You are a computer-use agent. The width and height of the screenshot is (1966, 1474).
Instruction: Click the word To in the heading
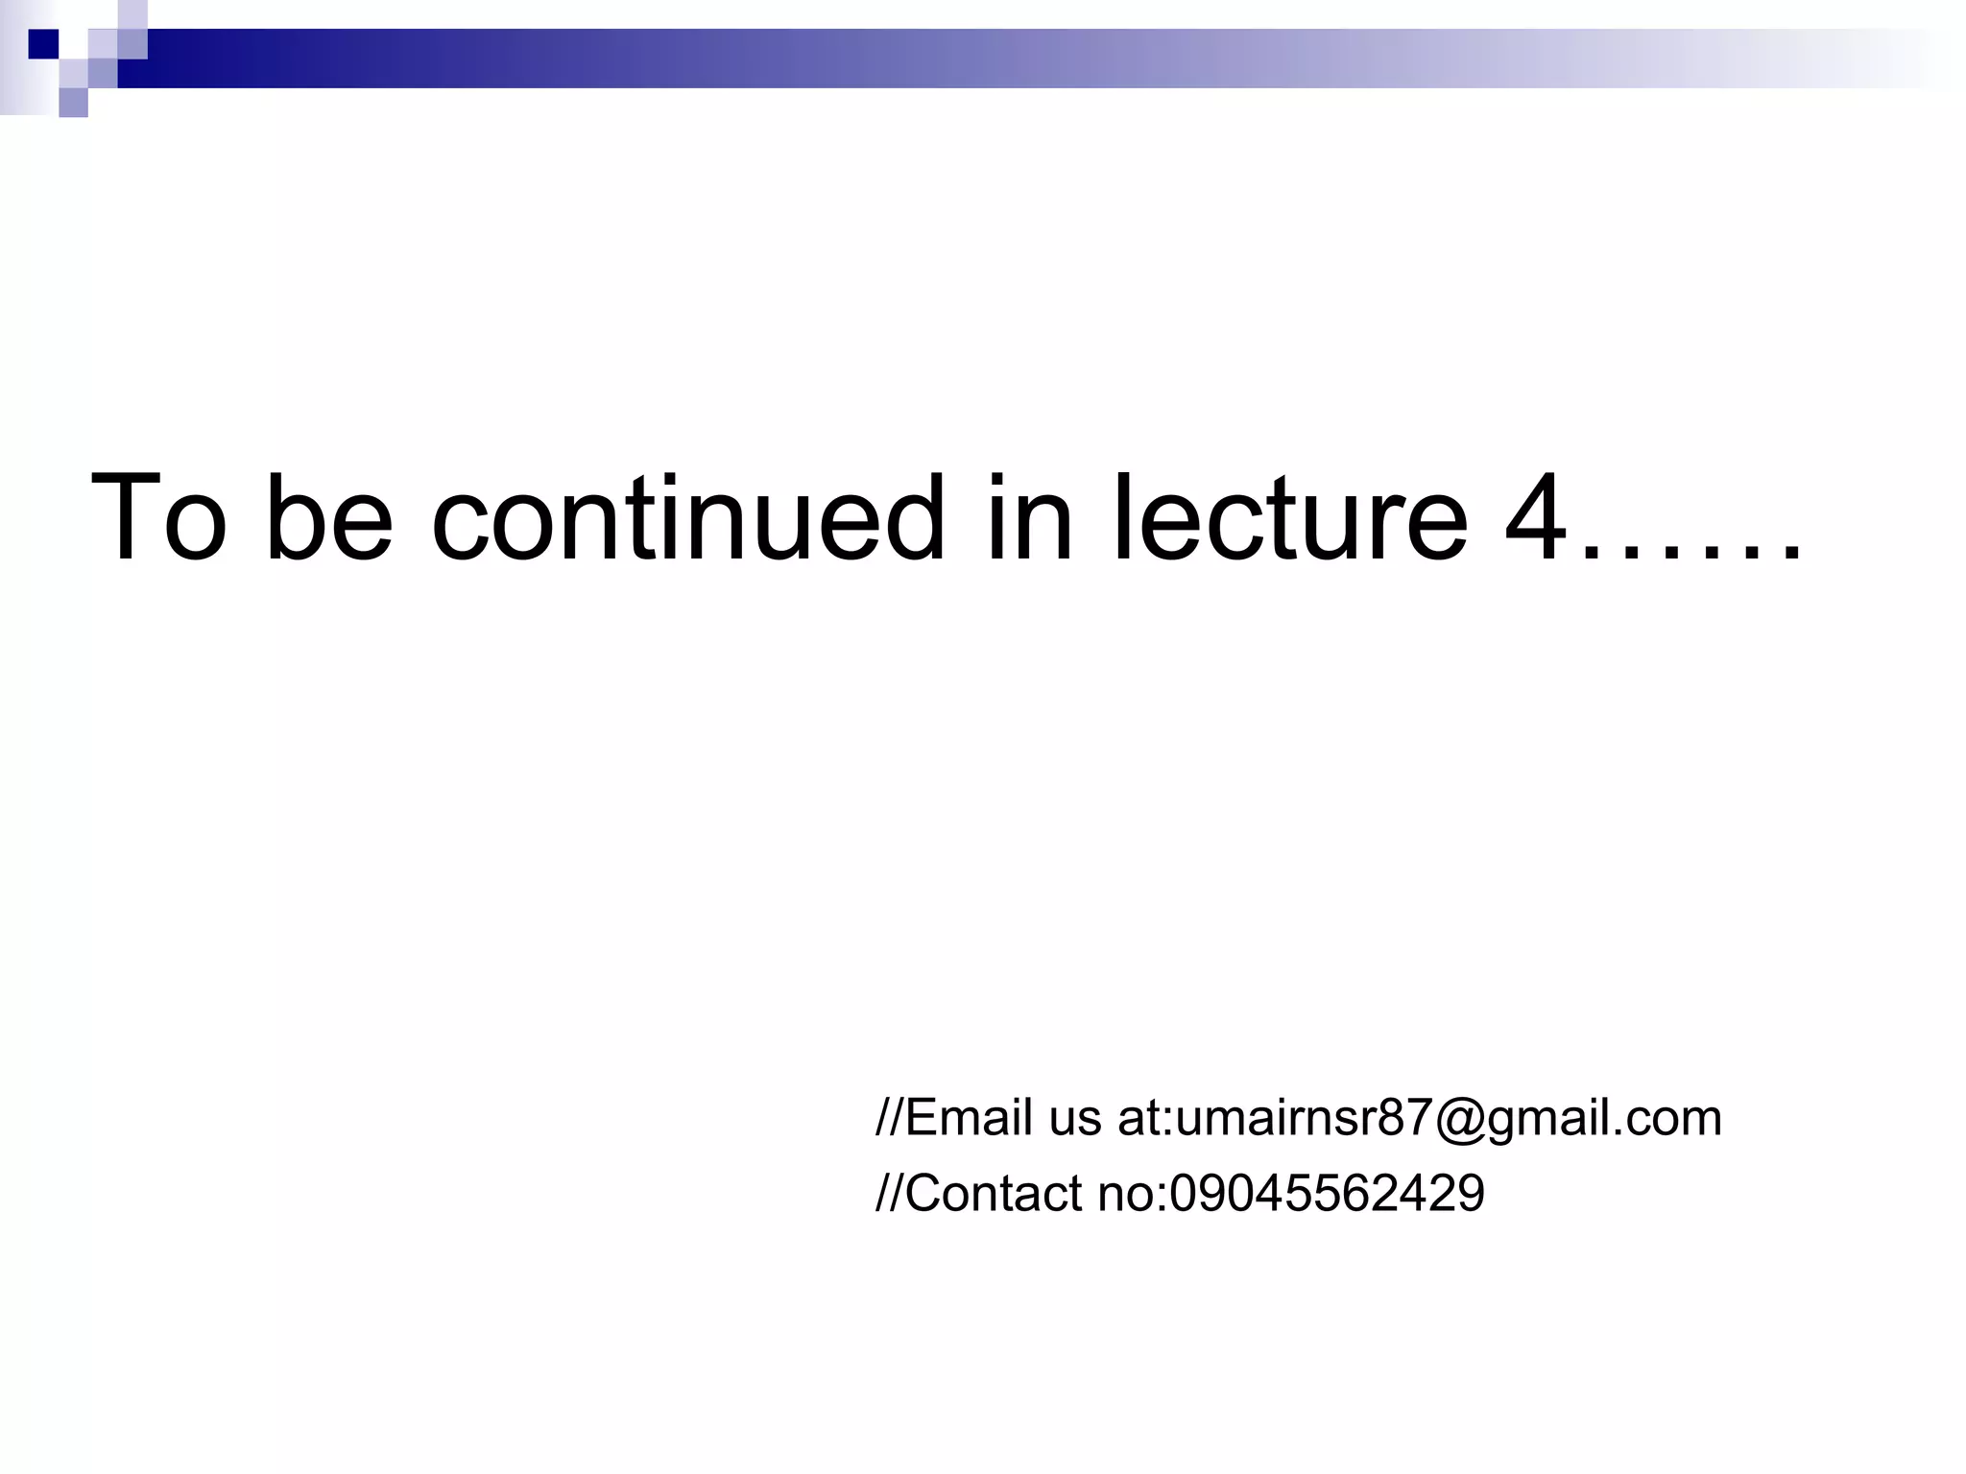159,518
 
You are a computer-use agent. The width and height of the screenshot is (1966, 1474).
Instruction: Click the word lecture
1290,518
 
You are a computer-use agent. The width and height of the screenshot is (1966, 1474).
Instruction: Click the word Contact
993,1194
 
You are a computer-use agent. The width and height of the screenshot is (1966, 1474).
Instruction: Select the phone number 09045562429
1327,1194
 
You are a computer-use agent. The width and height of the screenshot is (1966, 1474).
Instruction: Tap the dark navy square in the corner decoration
43,43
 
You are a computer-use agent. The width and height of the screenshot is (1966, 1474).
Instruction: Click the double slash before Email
888,1118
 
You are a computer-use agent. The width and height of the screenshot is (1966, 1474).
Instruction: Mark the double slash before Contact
888,1194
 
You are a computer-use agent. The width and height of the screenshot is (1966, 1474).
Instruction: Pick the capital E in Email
919,1118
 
